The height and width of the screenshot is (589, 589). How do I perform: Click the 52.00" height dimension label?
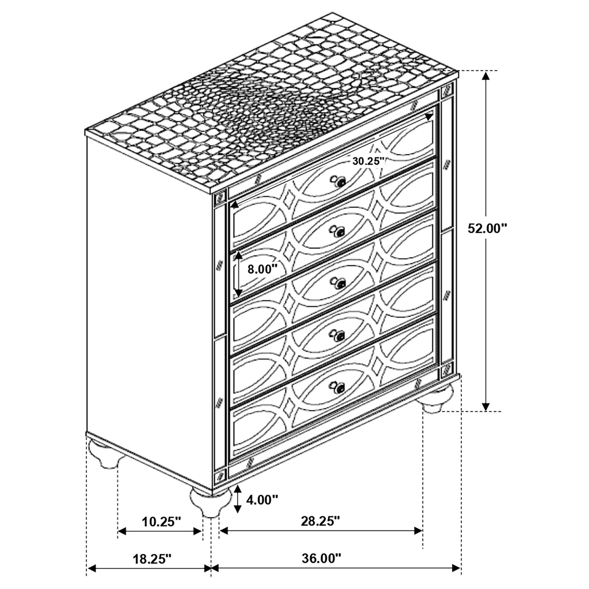(x=487, y=228)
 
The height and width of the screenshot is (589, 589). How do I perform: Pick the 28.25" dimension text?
(x=320, y=521)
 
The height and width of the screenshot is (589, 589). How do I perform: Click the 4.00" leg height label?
(x=262, y=500)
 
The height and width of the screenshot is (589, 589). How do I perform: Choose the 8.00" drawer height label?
(x=262, y=269)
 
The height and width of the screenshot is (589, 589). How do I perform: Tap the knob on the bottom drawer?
(x=338, y=387)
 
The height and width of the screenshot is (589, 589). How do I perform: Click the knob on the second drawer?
(x=338, y=232)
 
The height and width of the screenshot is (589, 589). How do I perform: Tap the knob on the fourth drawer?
(x=338, y=335)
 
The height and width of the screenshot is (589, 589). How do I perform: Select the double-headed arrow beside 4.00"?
(x=237, y=499)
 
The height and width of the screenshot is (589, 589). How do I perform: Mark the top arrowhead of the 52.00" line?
(x=486, y=75)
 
